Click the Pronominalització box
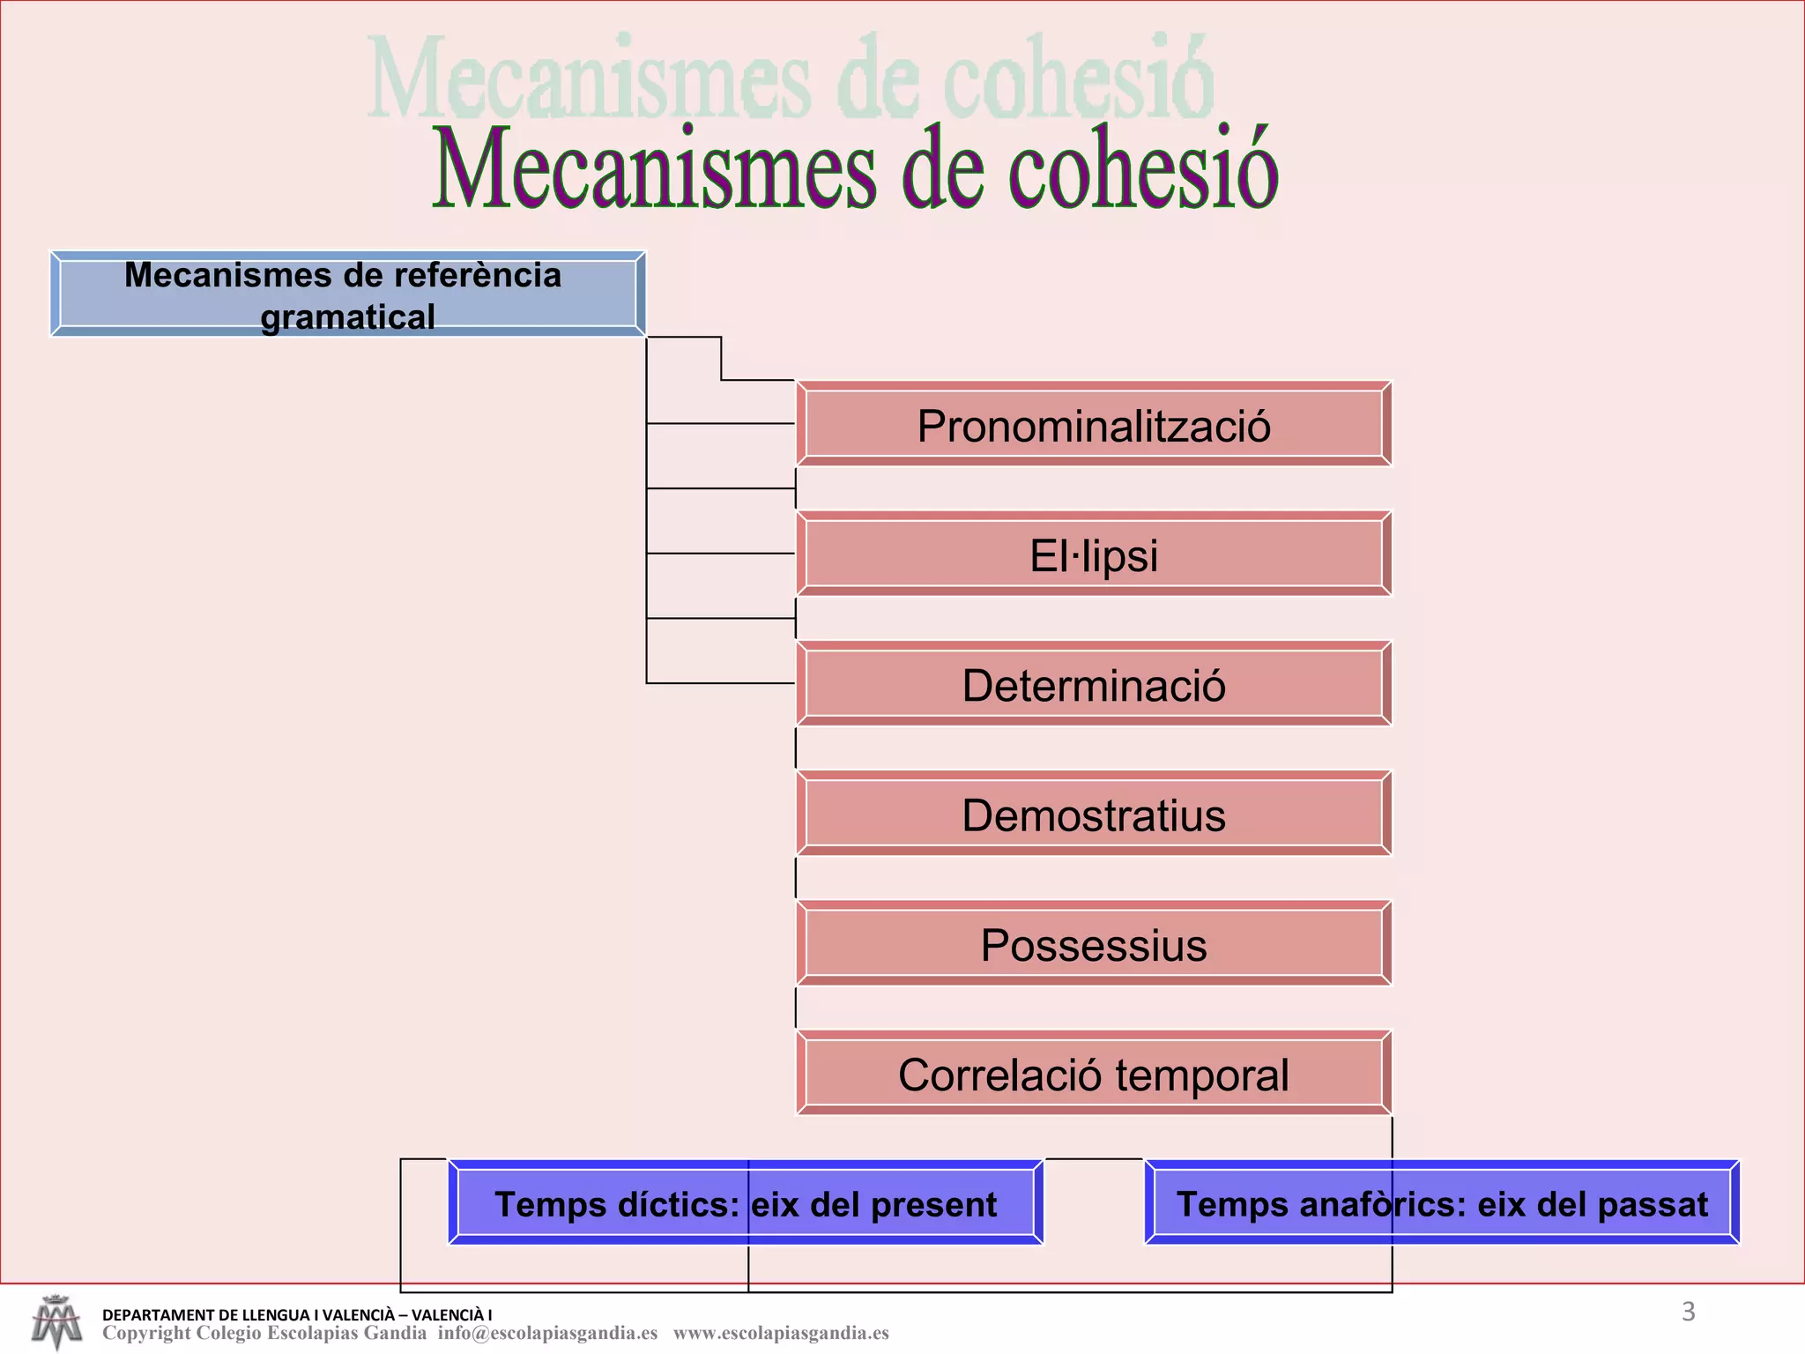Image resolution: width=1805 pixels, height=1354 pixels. (1093, 424)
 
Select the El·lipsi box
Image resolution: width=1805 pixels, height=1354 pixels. (1093, 554)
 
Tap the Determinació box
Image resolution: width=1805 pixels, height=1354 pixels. (1093, 684)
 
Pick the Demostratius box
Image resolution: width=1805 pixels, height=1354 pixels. (1093, 814)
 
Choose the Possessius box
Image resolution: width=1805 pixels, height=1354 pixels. (1093, 944)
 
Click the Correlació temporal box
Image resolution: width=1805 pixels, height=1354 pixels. (1093, 1074)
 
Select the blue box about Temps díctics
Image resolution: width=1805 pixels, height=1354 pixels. (746, 1203)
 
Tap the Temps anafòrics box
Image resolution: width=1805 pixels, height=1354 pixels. (1442, 1203)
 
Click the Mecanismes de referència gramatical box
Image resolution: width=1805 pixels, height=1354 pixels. (347, 294)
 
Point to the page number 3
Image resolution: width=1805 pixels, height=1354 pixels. (1688, 1312)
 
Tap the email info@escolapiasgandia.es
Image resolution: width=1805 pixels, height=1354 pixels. (547, 1333)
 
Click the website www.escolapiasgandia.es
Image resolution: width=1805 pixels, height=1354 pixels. (781, 1333)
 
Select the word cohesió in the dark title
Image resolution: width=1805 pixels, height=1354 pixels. (1142, 169)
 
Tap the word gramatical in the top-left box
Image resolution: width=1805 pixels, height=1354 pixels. (347, 317)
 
